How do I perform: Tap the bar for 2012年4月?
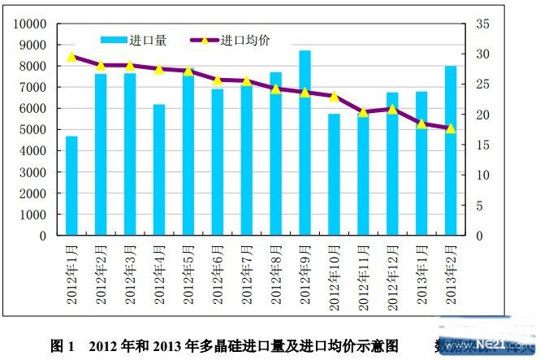pos(159,170)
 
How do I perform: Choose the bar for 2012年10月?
pos(334,175)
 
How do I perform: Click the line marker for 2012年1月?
pos(71,57)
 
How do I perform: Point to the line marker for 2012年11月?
pos(363,112)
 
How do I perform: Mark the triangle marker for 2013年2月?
pos(451,128)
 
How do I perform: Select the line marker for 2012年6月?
pos(218,80)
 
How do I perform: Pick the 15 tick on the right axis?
pos(482,145)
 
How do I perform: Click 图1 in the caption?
pos(62,345)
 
